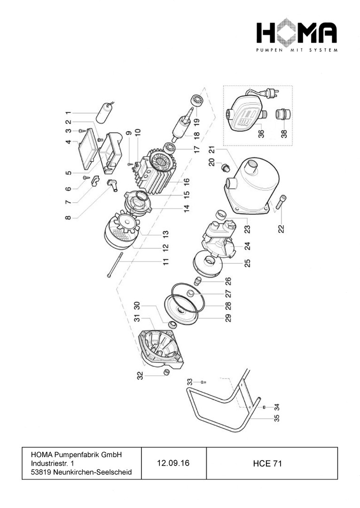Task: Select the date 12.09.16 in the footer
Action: tap(173, 463)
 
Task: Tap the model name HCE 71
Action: tap(267, 464)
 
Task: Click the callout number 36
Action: tap(261, 134)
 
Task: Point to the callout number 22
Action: tap(282, 229)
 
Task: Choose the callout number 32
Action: tap(140, 375)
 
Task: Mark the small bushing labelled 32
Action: tap(166, 372)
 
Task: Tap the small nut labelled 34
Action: tap(264, 407)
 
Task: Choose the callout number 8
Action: tap(68, 217)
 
